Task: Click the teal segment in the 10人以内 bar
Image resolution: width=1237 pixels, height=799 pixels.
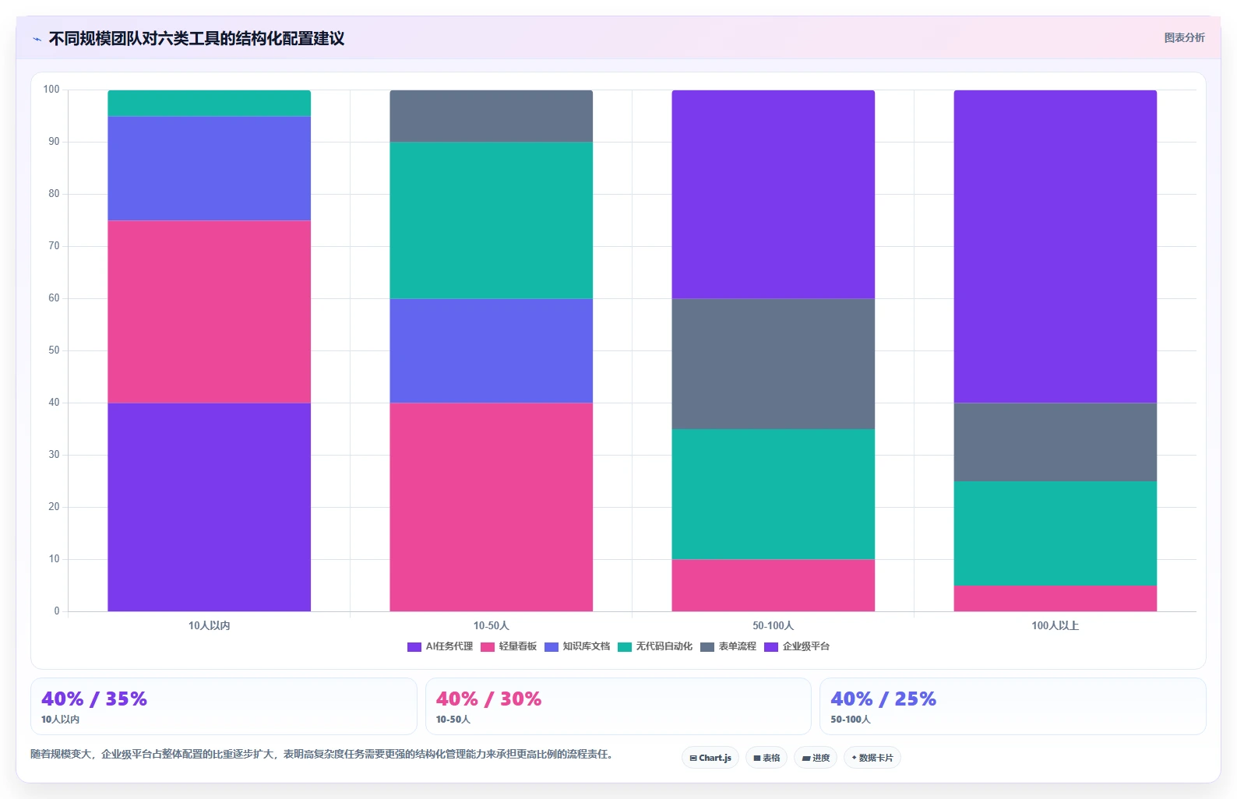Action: [x=209, y=104]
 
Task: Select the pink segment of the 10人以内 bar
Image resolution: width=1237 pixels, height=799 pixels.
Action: [x=209, y=312]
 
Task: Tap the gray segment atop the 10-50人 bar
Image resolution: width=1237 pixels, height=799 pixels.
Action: [x=491, y=116]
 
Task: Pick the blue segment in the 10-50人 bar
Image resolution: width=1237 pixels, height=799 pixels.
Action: [x=491, y=350]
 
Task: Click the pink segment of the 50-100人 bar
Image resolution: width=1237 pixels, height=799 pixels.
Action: [x=773, y=586]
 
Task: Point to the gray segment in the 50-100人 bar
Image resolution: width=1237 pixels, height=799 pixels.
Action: [x=773, y=364]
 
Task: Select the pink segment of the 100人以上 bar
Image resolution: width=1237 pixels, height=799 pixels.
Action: [x=1056, y=599]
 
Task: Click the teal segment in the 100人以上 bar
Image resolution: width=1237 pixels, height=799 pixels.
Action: [x=1056, y=533]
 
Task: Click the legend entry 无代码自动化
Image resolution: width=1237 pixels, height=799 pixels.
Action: [x=655, y=646]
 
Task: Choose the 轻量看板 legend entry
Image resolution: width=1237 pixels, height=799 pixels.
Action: [x=509, y=646]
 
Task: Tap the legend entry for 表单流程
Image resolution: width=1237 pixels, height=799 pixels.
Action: [x=728, y=646]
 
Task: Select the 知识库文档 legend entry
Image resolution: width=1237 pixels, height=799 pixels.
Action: [x=577, y=646]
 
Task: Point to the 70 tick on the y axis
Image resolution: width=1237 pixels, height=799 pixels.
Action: [x=54, y=246]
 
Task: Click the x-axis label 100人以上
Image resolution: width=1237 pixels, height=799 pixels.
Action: [x=1056, y=625]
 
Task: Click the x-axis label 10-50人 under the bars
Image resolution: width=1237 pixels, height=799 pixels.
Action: [x=491, y=625]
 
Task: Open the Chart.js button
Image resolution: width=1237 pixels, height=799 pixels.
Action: [x=710, y=758]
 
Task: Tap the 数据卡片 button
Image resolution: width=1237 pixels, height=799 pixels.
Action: [x=872, y=758]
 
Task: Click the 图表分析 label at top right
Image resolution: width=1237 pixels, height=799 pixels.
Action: [x=1185, y=37]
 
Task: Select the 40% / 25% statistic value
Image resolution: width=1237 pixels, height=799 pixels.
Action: [x=883, y=699]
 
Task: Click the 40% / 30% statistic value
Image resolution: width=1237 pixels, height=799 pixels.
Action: [x=488, y=699]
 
